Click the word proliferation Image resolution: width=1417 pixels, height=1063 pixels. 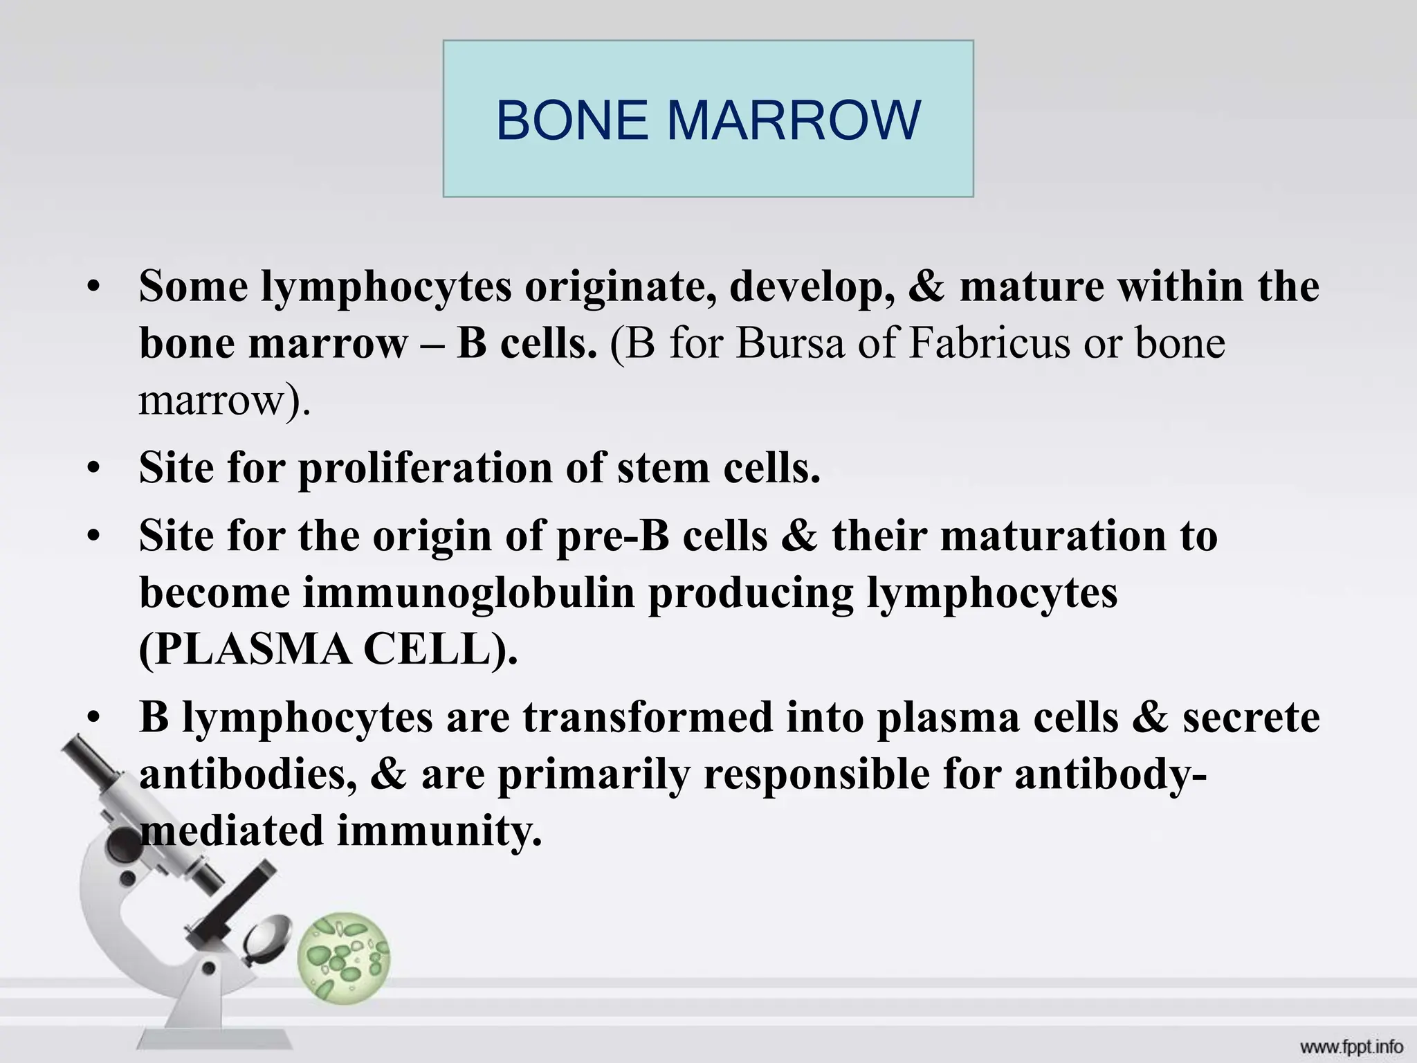[x=425, y=468]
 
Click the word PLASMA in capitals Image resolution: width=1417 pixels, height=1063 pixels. [x=246, y=650]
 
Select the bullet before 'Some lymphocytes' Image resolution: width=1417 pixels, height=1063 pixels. [x=94, y=288]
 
